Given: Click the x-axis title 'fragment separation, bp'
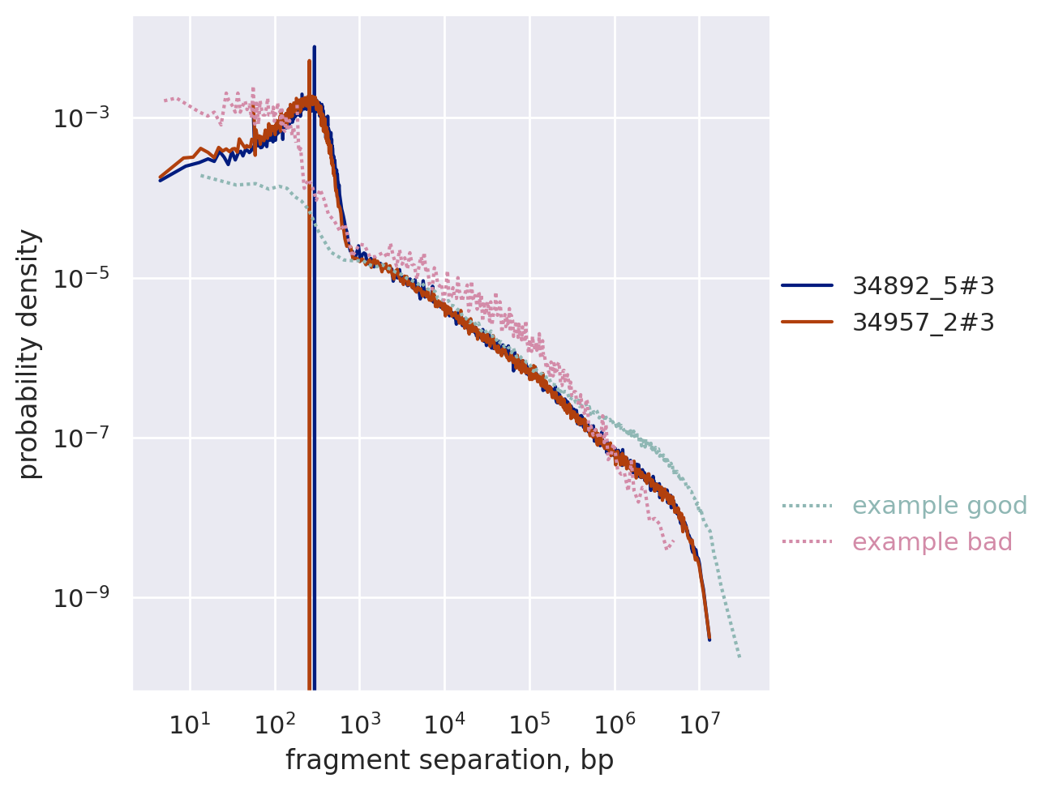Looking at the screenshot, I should pyautogui.click(x=449, y=760).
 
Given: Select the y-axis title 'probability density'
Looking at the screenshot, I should pyautogui.click(x=30, y=353).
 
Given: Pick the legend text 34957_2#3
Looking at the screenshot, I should pyautogui.click(x=923, y=323).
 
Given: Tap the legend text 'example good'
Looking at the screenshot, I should pyautogui.click(x=940, y=506).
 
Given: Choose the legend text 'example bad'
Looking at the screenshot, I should pyautogui.click(x=932, y=542).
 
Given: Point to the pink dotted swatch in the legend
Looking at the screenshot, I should pyautogui.click(x=807, y=542).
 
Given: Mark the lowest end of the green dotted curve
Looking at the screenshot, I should pyautogui.click(x=739, y=656).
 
